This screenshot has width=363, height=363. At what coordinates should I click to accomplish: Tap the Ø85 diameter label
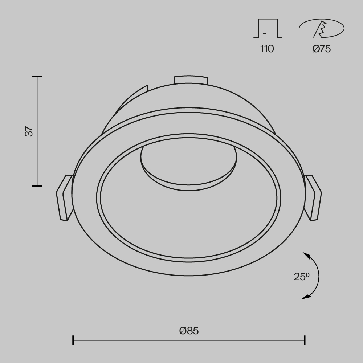tap(189, 331)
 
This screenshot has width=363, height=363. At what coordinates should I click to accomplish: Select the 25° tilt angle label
tap(301, 277)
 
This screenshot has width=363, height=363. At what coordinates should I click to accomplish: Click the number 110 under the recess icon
tap(267, 49)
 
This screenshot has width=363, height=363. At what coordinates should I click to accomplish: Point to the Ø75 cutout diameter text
tap(322, 49)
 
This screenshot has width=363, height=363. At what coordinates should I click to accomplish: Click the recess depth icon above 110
tap(268, 28)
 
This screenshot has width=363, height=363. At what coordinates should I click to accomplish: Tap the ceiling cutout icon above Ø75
tap(322, 28)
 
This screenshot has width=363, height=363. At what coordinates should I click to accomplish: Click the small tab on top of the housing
tap(191, 80)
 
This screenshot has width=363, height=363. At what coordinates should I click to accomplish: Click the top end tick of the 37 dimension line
tap(37, 77)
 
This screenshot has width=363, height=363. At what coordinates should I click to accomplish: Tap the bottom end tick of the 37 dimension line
tap(37, 186)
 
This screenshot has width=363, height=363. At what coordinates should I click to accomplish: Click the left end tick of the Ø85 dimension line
tap(73, 340)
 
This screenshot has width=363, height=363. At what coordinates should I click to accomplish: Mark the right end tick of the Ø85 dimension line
tap(305, 340)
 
